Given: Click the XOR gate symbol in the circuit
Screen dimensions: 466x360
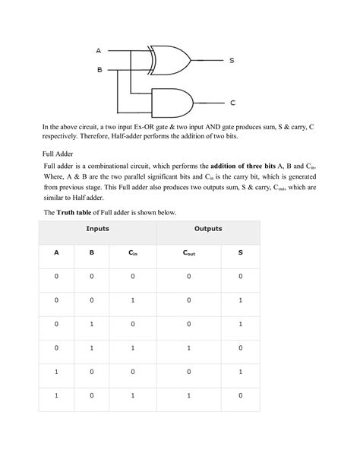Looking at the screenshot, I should click(169, 59).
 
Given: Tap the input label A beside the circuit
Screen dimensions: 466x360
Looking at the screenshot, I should click(98, 51).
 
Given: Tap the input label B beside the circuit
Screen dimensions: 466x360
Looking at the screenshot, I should click(98, 69).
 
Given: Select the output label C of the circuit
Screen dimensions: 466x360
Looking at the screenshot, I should click(232, 101).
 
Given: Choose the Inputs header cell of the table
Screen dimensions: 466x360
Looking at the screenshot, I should click(96, 228).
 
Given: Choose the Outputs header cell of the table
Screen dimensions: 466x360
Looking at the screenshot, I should click(208, 228).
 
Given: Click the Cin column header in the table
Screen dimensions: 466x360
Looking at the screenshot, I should click(133, 253).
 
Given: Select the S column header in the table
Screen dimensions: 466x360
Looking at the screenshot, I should click(240, 253).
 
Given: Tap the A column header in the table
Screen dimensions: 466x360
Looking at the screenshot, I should click(55, 253).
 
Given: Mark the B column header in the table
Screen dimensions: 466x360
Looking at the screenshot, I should click(92, 253).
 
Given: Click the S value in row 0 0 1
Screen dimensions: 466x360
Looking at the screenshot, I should click(240, 300).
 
